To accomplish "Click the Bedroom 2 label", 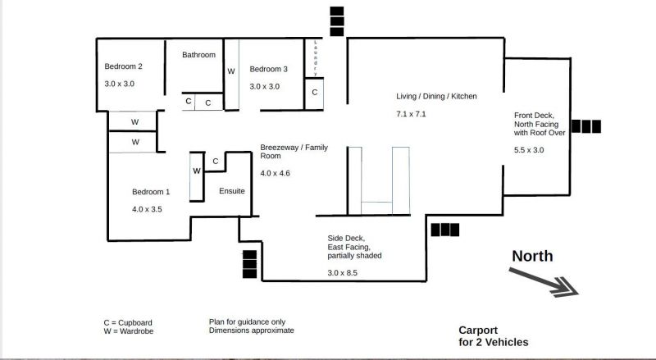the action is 124,66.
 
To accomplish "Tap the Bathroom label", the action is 198,55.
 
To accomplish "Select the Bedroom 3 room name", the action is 269,69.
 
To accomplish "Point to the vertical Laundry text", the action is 316,57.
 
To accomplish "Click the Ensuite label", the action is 232,191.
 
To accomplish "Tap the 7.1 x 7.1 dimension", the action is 411,114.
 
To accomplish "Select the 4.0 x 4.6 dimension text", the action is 275,173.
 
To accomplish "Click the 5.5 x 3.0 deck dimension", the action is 529,150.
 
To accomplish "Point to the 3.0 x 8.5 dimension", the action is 342,273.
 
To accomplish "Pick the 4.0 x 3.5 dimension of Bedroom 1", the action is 147,209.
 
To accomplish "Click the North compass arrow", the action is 543,283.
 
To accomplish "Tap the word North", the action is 532,256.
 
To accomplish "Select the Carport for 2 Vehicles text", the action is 494,336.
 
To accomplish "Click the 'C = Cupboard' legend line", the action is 128,323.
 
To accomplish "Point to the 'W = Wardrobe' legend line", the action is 129,331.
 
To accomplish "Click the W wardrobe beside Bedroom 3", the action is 231,71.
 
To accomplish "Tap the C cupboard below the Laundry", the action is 315,92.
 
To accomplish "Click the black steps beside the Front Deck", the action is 585,126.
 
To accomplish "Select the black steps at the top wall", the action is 337,21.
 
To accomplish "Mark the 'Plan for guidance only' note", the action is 248,322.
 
